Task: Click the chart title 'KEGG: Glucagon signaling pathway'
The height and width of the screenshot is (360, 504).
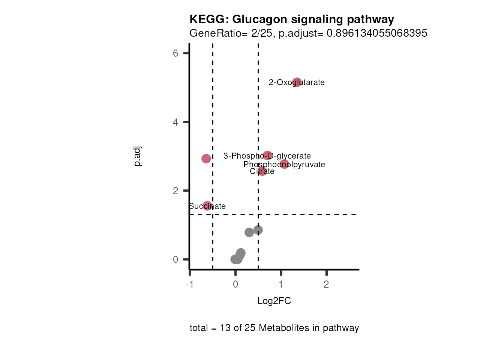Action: [x=292, y=19]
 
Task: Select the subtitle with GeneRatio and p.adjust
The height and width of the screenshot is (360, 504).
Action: [x=308, y=33]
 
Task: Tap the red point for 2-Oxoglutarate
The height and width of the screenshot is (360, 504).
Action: [x=297, y=82]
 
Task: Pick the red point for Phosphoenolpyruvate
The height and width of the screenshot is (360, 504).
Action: [x=284, y=164]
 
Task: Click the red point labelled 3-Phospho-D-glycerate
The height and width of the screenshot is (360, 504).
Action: [x=267, y=155]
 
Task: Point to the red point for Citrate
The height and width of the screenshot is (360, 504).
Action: [x=262, y=171]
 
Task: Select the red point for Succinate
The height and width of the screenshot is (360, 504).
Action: [x=207, y=205]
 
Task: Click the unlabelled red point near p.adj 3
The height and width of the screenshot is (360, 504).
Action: [x=206, y=159]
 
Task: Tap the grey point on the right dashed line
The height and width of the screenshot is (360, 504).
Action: [x=258, y=230]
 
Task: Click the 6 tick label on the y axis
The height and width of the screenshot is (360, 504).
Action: [x=175, y=53]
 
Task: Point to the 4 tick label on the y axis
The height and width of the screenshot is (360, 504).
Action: [x=175, y=122]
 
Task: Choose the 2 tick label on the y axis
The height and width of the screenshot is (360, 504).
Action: [x=175, y=191]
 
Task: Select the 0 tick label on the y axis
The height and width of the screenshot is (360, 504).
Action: [x=175, y=259]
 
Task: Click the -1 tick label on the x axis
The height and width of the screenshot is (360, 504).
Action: [x=190, y=284]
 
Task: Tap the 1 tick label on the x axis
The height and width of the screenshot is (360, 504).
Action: [x=281, y=284]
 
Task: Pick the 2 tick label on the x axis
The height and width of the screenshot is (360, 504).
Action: [x=326, y=284]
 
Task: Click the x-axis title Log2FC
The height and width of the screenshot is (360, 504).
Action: [x=274, y=301]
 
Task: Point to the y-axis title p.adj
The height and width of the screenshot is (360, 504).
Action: [x=137, y=156]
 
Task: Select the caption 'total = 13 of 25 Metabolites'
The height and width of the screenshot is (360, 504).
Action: [x=274, y=328]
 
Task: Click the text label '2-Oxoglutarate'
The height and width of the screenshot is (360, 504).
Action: [x=297, y=82]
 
